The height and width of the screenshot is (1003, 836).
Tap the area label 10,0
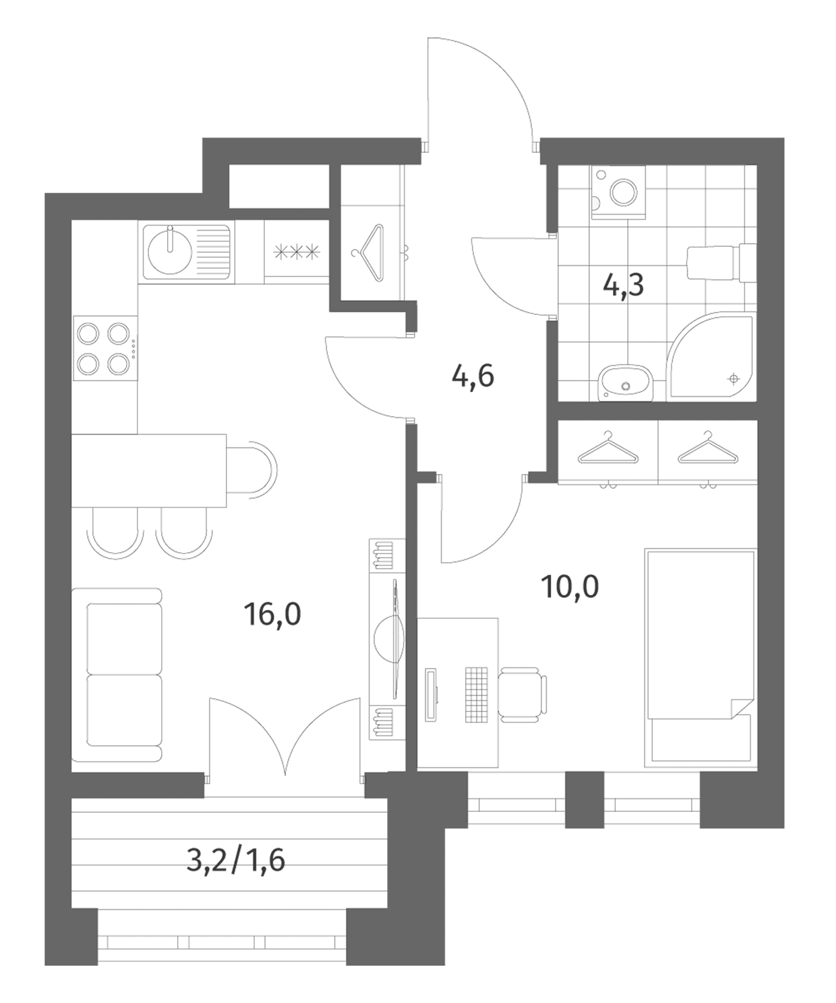pyautogui.click(x=570, y=587)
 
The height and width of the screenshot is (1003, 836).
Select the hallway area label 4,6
pyautogui.click(x=473, y=376)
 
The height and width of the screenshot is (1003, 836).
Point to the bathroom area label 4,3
pyautogui.click(x=623, y=285)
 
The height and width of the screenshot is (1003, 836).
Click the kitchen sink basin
pyautogui.click(x=170, y=252)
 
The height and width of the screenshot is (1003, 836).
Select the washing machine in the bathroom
pyautogui.click(x=619, y=192)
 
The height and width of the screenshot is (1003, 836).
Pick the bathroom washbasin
pyautogui.click(x=625, y=383)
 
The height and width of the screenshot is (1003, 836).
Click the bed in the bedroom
pyautogui.click(x=700, y=658)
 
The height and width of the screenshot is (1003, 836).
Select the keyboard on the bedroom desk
pyautogui.click(x=477, y=694)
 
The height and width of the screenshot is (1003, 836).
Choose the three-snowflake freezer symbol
pyautogui.click(x=297, y=252)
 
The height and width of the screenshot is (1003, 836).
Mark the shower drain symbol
pyautogui.click(x=733, y=379)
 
